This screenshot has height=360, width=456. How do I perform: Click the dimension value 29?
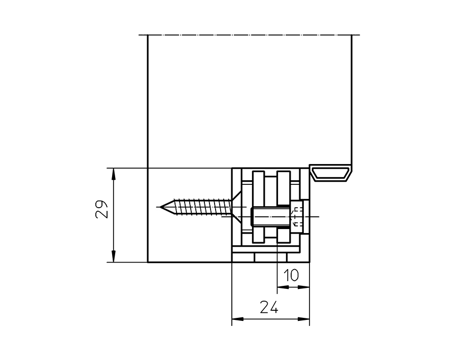click(x=102, y=209)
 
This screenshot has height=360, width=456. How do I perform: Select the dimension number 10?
click(x=292, y=275)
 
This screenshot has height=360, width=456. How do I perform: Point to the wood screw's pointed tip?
click(x=161, y=207)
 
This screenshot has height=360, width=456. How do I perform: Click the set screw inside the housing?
click(x=271, y=218)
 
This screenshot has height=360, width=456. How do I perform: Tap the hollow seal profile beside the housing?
click(x=331, y=173)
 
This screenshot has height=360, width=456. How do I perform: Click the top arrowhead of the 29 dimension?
click(x=113, y=173)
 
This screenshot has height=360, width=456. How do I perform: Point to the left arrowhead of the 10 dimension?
click(x=282, y=287)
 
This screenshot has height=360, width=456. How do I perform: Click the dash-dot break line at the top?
click(x=249, y=35)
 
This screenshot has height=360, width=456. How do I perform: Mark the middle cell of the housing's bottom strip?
click(x=266, y=258)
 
